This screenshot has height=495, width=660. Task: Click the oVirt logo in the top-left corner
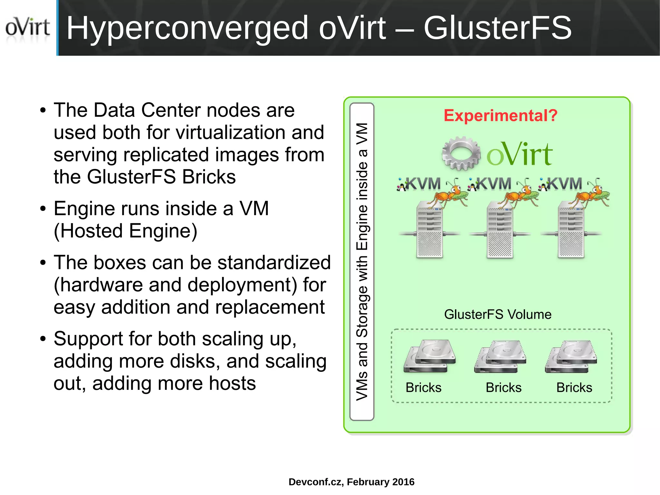27,28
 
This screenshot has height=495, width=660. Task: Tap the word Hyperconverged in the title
187,29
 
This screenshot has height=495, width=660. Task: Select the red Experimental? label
500,115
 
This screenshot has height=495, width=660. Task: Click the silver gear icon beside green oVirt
461,153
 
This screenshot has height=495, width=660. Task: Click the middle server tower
500,230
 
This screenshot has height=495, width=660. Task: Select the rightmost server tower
570,230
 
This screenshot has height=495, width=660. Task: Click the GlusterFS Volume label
498,314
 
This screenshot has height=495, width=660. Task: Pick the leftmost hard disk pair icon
429,356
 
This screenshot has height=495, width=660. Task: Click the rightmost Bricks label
574,388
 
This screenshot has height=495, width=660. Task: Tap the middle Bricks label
503,388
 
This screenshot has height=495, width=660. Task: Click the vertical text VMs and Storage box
362,261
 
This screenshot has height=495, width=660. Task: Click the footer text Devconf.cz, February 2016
351,482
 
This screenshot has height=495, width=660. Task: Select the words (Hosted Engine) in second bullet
125,231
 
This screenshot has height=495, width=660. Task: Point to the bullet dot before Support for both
43,339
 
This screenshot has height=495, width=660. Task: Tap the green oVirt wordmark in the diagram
519,154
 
